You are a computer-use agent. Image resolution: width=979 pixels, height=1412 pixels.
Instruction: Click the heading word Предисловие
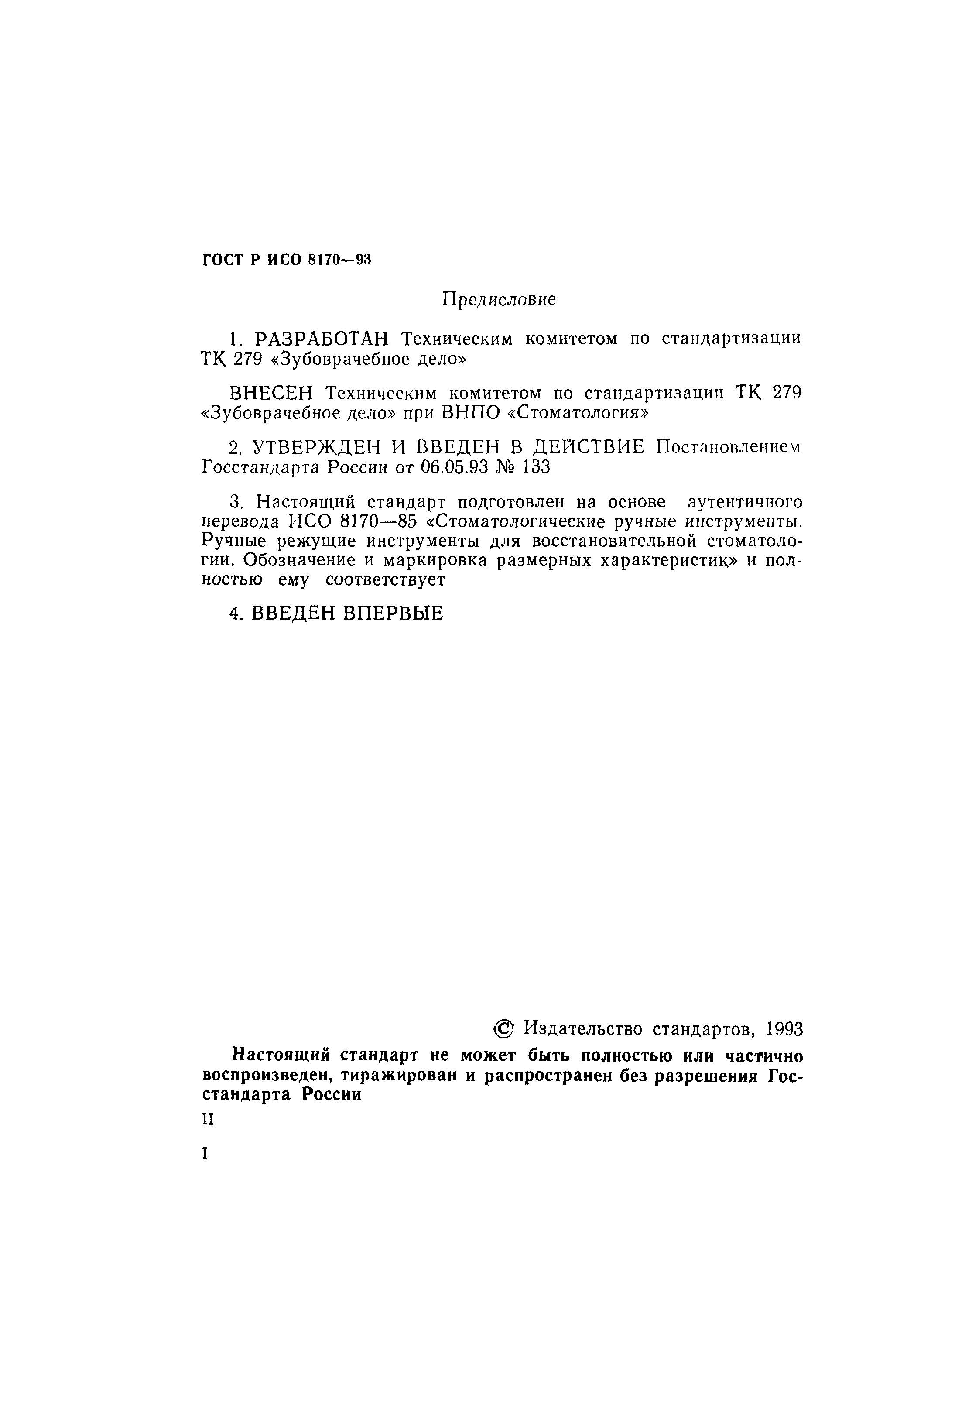point(499,299)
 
